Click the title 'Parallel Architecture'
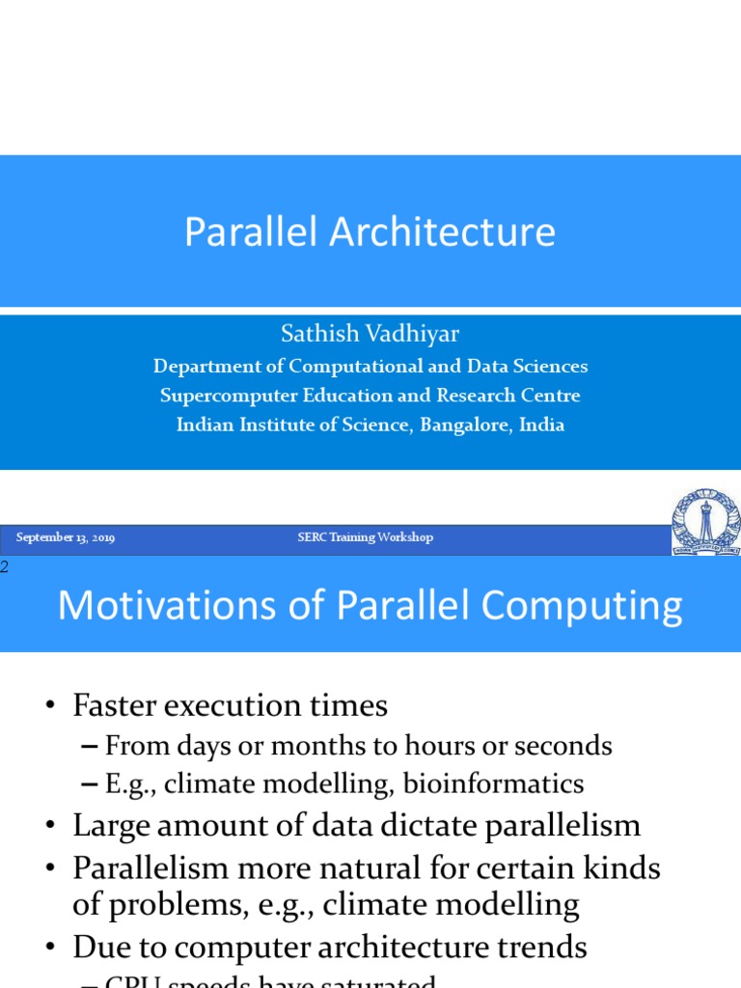click(370, 233)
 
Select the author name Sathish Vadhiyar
click(370, 334)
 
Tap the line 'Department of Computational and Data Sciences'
click(370, 367)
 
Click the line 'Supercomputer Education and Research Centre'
click(370, 396)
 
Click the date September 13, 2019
click(66, 537)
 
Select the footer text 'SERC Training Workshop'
click(365, 537)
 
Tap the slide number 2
click(4, 567)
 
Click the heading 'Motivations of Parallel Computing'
click(370, 606)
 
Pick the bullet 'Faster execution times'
click(230, 706)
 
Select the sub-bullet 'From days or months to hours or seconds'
click(358, 746)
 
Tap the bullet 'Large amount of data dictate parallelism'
click(356, 826)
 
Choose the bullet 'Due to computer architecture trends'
click(329, 947)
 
